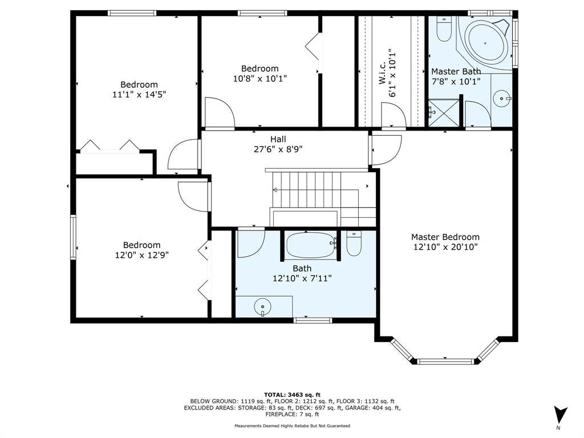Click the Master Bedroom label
[445, 237]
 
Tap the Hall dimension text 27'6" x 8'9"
[278, 149]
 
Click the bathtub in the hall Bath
[311, 244]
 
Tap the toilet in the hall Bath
[354, 243]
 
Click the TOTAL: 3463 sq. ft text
[292, 395]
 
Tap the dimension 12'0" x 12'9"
[141, 255]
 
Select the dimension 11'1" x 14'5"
[139, 94]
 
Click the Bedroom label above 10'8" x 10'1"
[259, 68]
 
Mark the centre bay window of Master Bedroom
[445, 361]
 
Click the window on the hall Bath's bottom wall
[313, 320]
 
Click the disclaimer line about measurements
[292, 425]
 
